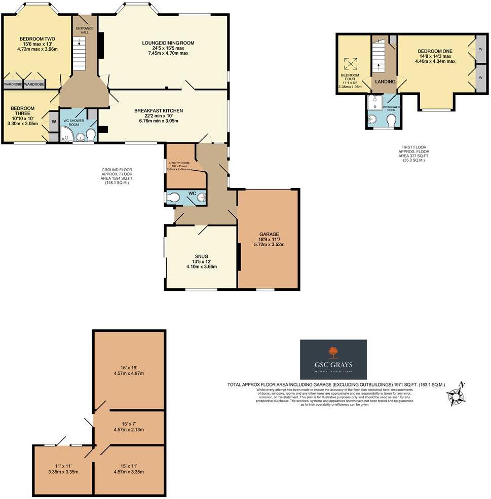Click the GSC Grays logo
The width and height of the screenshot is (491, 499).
333,359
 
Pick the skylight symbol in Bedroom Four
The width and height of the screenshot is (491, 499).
350,64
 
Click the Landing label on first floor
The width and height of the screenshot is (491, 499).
385,81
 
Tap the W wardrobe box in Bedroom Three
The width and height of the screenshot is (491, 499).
54,122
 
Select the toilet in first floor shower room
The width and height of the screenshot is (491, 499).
391,120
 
